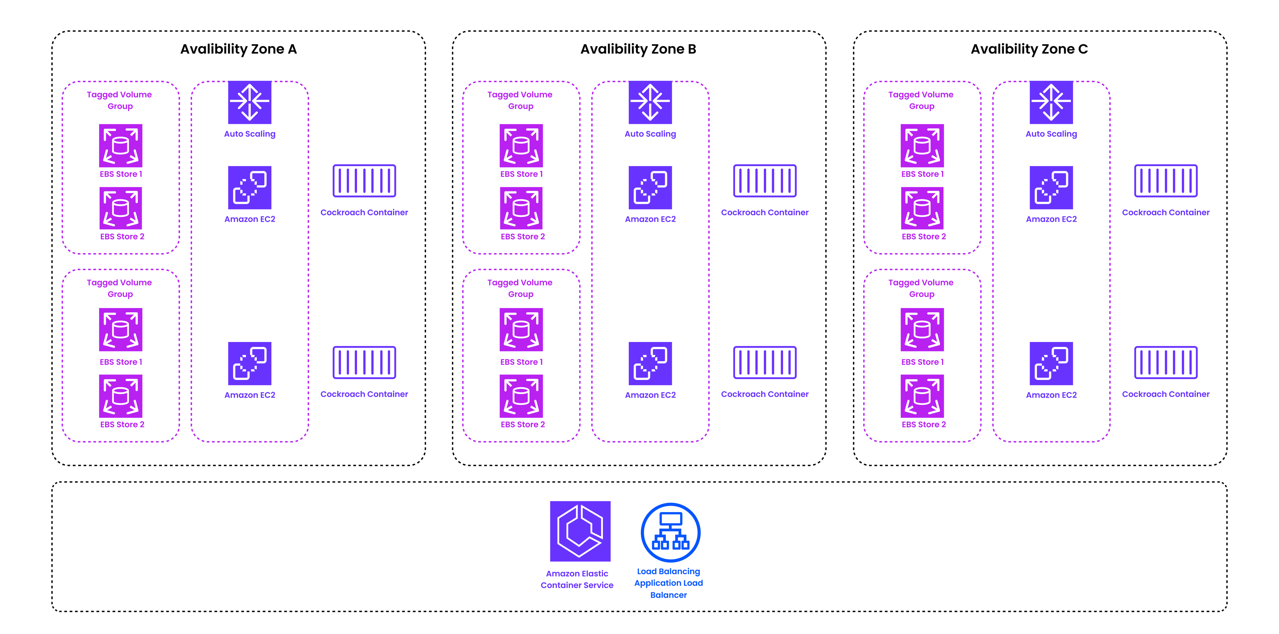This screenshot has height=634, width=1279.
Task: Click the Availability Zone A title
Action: pos(238,49)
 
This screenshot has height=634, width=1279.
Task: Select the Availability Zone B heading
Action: pos(638,49)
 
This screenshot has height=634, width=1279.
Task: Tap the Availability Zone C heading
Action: pos(1029,49)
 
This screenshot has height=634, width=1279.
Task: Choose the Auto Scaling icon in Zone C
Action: pos(1051,102)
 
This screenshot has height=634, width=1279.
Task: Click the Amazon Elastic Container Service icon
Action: pos(580,531)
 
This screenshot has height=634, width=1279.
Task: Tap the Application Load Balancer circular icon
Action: pos(670,532)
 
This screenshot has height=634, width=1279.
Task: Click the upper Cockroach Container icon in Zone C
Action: pos(1165,181)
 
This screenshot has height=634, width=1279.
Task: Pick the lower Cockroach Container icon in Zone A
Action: pos(364,362)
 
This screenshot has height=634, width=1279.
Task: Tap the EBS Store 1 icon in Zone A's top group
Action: pos(121,146)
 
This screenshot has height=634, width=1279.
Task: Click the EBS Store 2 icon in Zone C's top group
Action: pos(922,208)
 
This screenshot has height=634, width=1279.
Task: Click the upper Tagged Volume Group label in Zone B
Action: pos(520,100)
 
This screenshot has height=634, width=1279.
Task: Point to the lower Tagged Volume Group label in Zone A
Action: pos(119,288)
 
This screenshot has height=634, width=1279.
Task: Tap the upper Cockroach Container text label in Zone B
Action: pos(765,212)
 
